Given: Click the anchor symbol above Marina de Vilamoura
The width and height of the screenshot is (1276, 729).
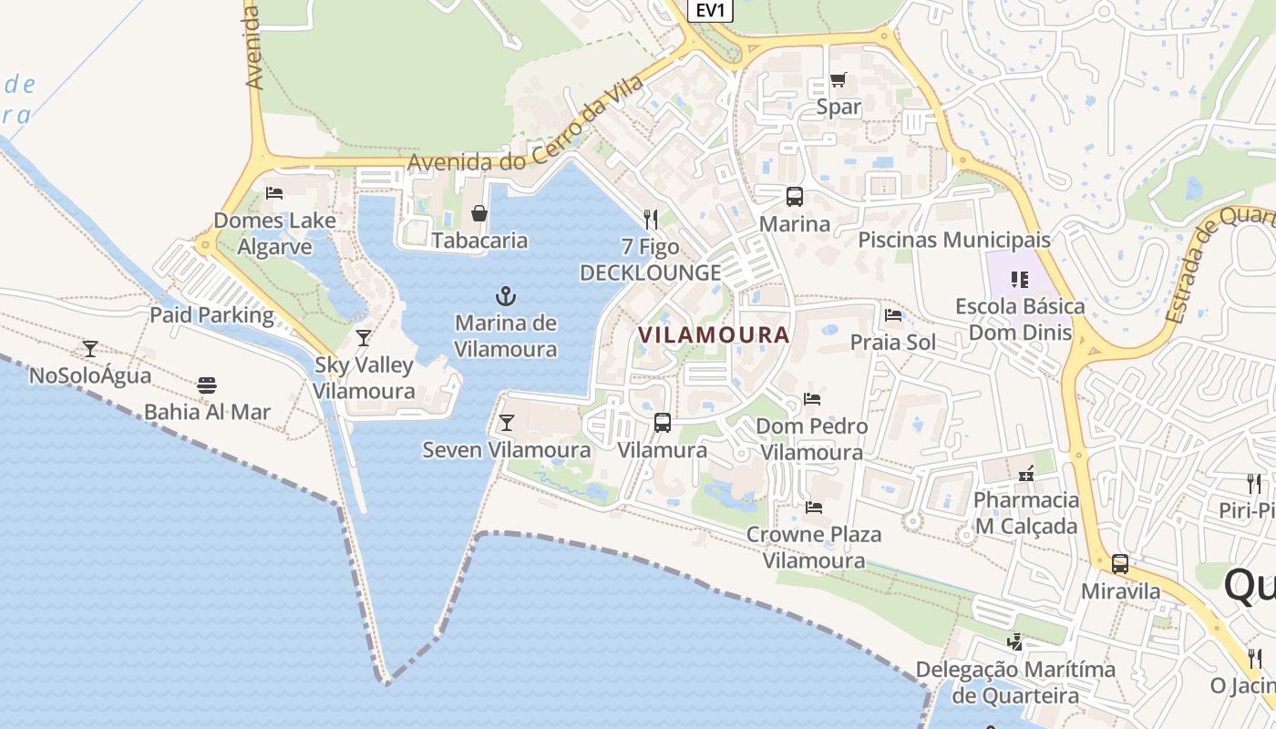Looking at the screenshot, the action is point(505,296).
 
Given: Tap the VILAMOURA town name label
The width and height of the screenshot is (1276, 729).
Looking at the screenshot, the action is point(714,334).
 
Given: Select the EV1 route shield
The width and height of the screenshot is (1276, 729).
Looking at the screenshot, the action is point(709,10).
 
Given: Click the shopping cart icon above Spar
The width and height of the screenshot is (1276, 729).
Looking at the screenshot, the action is point(838,80).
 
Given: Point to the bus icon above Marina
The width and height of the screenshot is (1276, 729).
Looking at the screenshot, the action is point(795,197).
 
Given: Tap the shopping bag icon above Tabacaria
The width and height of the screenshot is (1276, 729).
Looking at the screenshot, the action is point(479,213).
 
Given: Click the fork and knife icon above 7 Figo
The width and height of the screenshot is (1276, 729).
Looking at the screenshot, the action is point(651,219).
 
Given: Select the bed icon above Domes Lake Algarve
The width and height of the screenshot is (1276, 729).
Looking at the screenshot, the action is point(273,193).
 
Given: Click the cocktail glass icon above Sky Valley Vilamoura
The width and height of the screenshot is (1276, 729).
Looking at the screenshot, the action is point(364,338).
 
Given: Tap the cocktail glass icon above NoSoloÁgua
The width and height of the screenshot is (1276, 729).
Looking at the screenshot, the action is point(90,348).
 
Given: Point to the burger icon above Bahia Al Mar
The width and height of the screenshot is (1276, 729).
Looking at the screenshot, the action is point(207,385).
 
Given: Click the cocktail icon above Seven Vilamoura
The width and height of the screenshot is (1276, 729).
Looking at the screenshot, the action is point(507,423).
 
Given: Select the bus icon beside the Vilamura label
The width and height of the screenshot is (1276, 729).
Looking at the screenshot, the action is point(663,423).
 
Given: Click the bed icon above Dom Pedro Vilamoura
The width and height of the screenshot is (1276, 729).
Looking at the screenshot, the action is point(812,399).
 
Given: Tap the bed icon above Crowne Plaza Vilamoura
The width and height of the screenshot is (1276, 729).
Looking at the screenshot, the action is point(814,507).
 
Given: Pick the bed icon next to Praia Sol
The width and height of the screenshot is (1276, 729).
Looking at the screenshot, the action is point(893,315).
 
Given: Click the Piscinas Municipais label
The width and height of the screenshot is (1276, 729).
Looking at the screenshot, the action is point(954,240).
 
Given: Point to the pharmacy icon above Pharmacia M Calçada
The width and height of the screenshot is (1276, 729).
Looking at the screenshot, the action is point(1026,473).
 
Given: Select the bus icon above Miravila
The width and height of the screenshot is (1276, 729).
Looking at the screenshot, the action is point(1120,564).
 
